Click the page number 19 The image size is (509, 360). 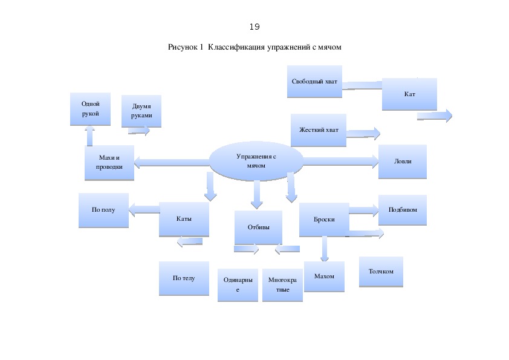pos(254,27)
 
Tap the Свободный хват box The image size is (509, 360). pos(314,82)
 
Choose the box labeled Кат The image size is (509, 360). pos(409,94)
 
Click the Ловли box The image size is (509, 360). pos(402,162)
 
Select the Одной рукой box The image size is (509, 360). pos(89,109)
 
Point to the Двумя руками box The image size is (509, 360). pos(141,111)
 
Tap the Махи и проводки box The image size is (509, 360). pos(109,163)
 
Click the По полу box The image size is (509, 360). pos(103,210)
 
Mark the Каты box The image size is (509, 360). pos(184,219)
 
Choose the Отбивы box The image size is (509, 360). pos(258,227)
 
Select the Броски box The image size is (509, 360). pos(323,220)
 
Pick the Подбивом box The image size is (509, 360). pos(402,210)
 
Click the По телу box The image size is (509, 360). pos(184,278)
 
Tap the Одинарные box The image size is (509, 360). pos(238,285)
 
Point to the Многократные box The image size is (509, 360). pos(282,285)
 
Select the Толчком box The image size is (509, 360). pos(381,272)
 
